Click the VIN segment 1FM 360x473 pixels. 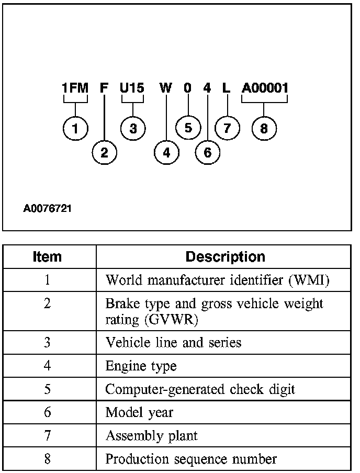(75, 88)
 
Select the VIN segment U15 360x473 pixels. (132, 88)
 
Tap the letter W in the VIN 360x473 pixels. (165, 88)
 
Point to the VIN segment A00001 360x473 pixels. (265, 88)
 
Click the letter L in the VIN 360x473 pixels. (226, 88)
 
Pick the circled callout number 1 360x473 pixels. (76, 128)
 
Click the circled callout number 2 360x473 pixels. (105, 152)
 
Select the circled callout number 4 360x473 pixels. (166, 152)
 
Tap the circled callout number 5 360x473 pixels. (188, 128)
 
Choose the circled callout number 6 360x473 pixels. (208, 152)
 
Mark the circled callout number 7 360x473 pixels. (227, 128)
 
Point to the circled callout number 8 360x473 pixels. (264, 128)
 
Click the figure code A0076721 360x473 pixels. (48, 209)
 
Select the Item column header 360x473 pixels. (47, 257)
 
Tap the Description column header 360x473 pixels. (226, 257)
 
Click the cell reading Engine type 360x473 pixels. (141, 366)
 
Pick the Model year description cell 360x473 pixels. (139, 412)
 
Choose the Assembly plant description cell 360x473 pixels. (152, 436)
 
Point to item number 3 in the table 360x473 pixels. (47, 342)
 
